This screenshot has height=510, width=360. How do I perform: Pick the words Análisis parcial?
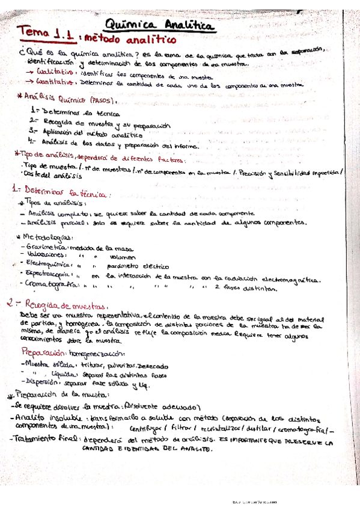click(46, 222)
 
